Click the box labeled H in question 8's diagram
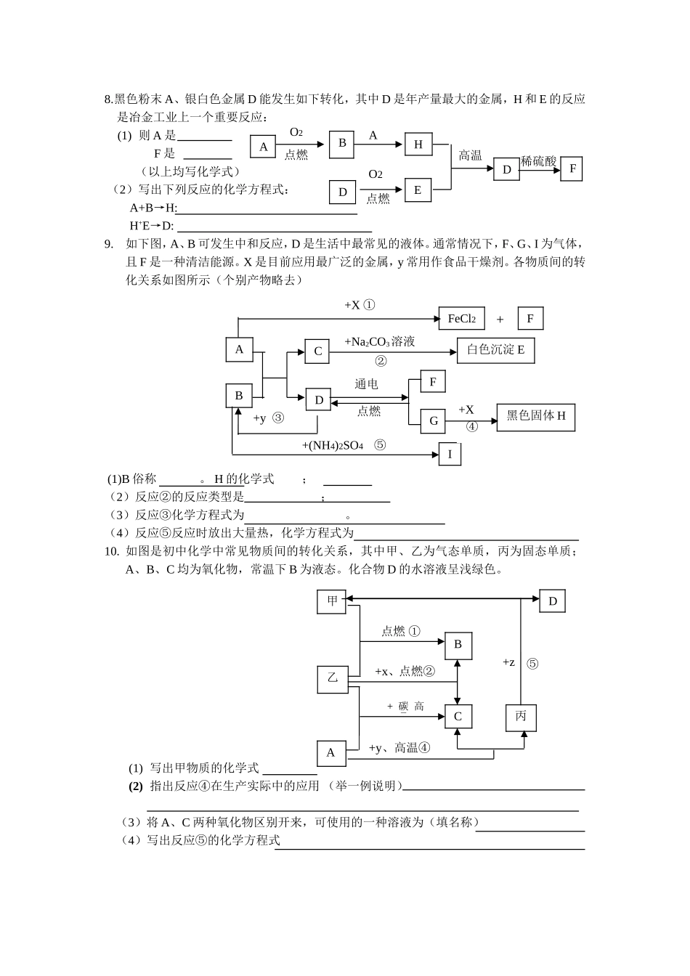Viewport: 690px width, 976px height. click(418, 145)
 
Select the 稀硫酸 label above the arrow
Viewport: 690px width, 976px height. click(539, 161)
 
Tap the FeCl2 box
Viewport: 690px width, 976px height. click(461, 319)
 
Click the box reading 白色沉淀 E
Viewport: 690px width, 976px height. click(496, 350)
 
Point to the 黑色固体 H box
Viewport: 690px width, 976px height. click(535, 416)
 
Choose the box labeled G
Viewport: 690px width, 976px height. click(434, 420)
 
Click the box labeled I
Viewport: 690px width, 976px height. click(450, 454)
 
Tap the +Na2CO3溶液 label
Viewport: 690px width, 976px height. click(379, 341)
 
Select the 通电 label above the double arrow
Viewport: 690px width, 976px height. click(366, 383)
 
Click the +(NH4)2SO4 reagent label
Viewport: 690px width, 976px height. click(332, 445)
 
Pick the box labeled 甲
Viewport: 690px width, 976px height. click(332, 601)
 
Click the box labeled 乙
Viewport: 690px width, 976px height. click(333, 678)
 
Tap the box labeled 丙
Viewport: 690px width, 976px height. click(521, 717)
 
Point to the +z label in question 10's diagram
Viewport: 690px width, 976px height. click(508, 662)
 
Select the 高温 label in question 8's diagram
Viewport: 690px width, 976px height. click(470, 155)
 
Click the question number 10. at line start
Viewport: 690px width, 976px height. click(112, 551)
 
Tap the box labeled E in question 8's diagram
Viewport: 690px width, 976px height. click(418, 190)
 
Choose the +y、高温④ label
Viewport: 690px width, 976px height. click(399, 748)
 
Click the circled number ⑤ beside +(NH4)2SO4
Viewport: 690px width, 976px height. click(380, 444)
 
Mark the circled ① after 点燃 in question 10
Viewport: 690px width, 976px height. click(414, 631)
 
